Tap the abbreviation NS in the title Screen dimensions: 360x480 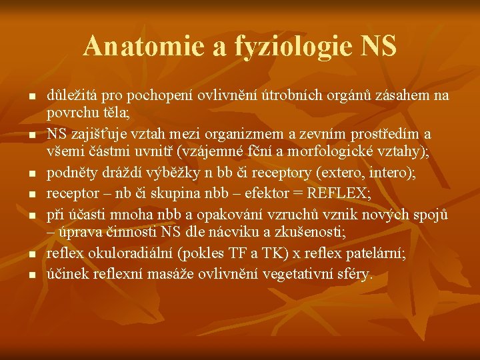click(x=377, y=46)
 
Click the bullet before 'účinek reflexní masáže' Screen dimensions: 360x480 click(x=31, y=274)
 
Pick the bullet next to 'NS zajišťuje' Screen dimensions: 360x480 click(x=31, y=135)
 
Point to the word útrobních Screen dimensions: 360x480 click(x=282, y=96)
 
